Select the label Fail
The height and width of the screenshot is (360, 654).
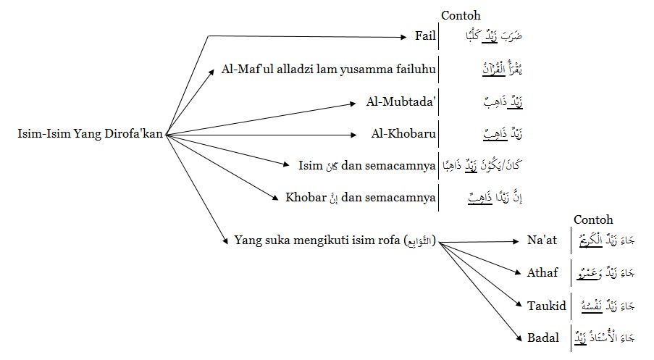pyautogui.click(x=425, y=35)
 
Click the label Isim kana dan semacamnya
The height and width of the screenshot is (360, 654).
pyautogui.click(x=366, y=166)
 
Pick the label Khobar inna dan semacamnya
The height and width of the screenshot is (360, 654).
pyautogui.click(x=361, y=197)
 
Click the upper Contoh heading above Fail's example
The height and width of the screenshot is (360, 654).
pyautogui.click(x=461, y=15)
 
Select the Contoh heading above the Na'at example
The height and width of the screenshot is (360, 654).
pyautogui.click(x=593, y=219)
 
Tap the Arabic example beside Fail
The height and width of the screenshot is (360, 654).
pyautogui.click(x=486, y=35)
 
